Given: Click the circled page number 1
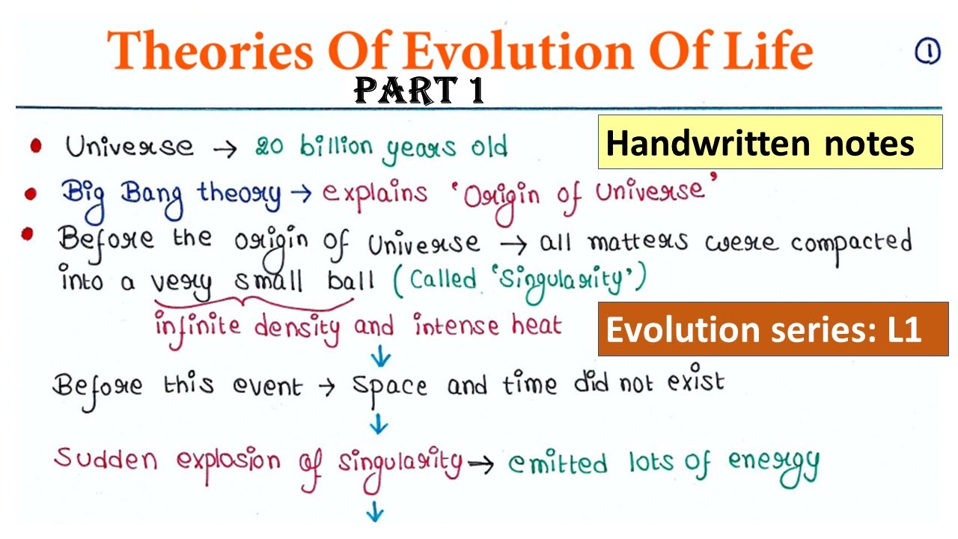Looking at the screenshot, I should click(x=927, y=52).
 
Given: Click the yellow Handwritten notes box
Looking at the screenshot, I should click(x=769, y=142).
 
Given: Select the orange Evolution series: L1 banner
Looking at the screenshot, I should click(x=772, y=329).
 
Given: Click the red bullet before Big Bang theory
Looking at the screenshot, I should click(x=31, y=194).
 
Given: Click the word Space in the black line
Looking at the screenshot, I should click(x=389, y=386).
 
